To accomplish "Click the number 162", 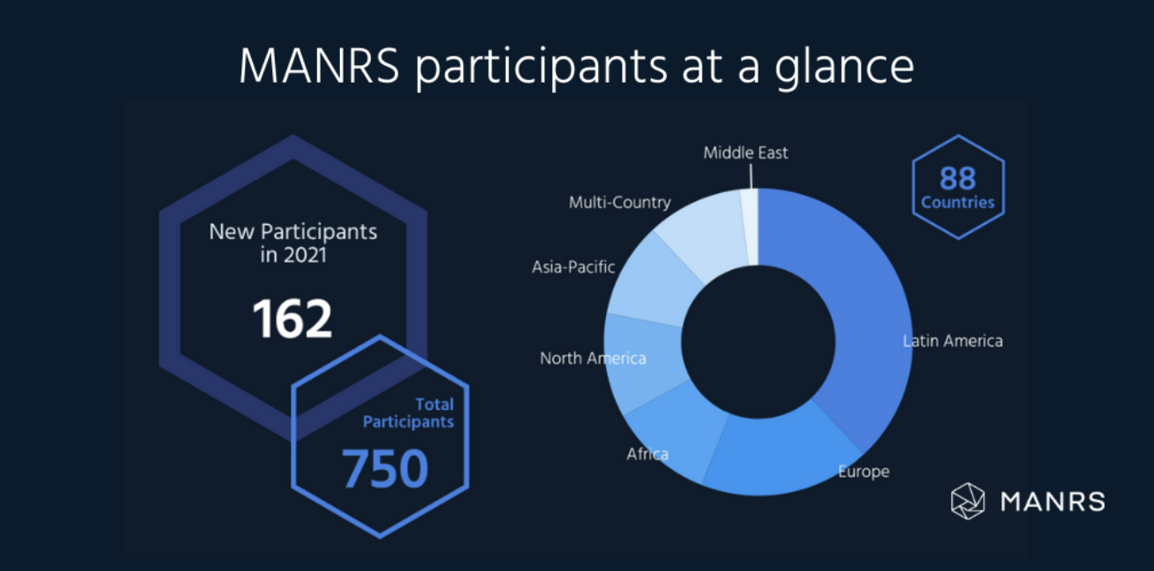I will pos(292,319).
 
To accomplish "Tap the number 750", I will pos(385,469).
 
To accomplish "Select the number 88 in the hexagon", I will pos(958,179).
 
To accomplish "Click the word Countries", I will pos(958,203).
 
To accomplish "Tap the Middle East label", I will pos(745,152).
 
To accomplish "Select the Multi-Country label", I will pos(619,203).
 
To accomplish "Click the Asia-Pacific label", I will pos(573,266).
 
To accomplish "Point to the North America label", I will pos(593,359).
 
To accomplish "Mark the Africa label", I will pos(647,455).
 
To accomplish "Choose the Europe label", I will pos(863,471).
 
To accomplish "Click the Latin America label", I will pos(953,341).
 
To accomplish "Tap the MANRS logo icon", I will pos(967,501).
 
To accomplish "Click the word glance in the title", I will pos(844,68).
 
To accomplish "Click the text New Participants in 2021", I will pos(292,243).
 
